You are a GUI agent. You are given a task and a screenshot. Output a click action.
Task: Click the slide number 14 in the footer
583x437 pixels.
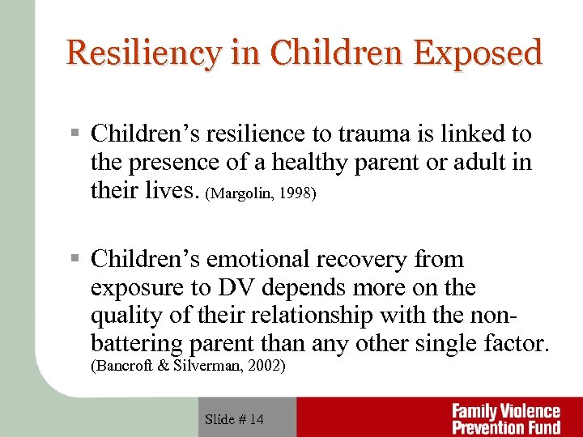(x=256, y=419)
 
